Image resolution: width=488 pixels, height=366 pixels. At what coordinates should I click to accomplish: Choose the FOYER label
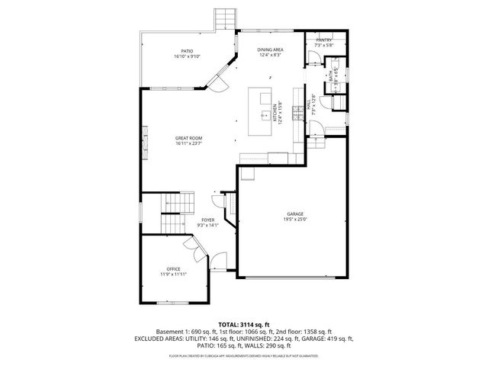208,220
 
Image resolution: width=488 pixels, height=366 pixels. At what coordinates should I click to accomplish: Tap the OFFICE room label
174,268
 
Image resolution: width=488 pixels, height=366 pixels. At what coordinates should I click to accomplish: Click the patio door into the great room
217,76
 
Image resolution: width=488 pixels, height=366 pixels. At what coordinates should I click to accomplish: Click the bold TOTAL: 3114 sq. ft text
243,324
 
